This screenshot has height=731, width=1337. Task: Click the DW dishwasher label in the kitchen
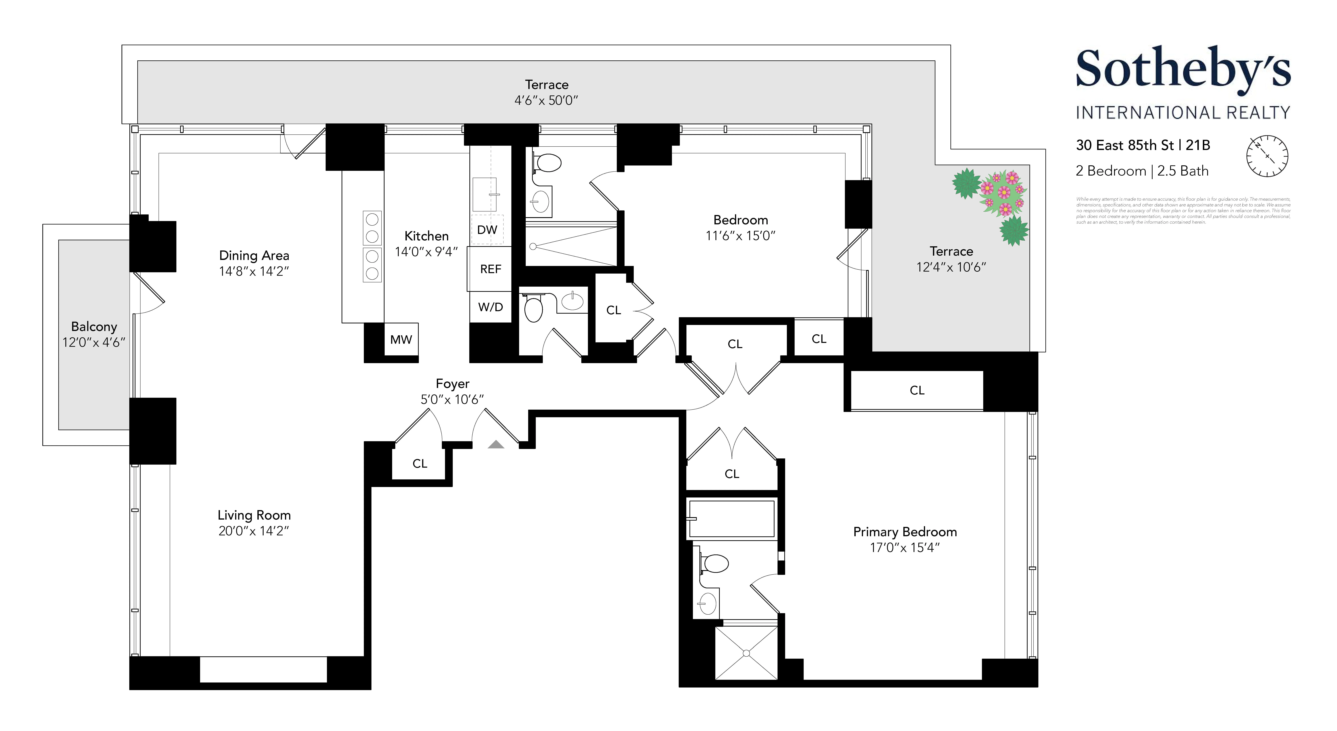point(487,230)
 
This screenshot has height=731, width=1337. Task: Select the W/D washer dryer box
point(491,307)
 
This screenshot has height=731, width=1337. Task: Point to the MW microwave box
point(401,340)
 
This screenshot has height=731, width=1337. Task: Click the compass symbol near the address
point(1267,156)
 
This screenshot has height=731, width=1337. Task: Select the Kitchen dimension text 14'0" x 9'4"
point(426,252)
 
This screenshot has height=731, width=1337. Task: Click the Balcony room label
point(94,326)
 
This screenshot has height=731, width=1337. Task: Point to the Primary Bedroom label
point(905,532)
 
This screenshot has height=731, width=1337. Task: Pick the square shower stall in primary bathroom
point(746,653)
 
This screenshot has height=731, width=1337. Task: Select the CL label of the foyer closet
point(419,463)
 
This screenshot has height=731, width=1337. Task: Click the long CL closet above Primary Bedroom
point(917,390)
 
